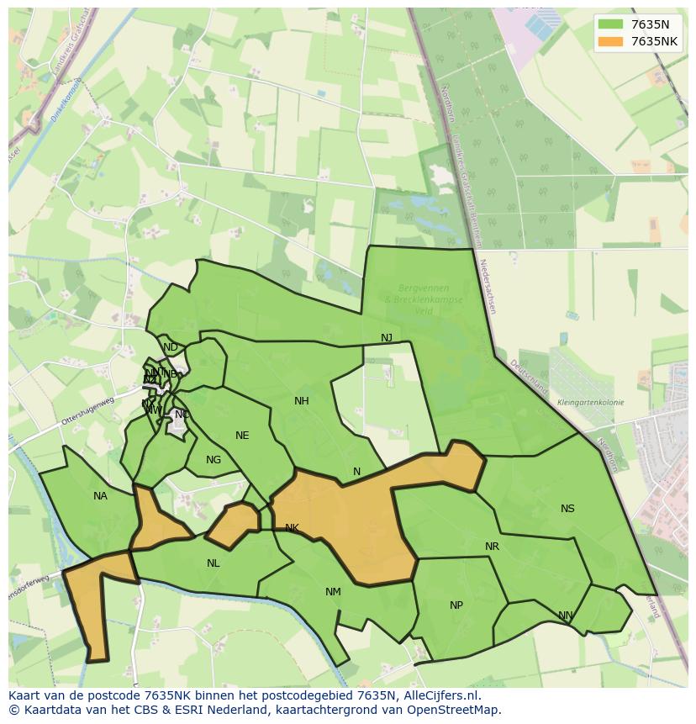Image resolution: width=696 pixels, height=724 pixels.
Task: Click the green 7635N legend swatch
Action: click(610, 24)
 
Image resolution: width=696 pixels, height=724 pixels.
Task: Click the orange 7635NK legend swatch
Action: click(610, 41)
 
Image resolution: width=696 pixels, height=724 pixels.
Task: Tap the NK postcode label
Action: click(292, 528)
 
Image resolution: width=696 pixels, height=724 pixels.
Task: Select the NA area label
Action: click(100, 496)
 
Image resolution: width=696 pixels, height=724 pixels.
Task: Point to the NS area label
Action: click(567, 509)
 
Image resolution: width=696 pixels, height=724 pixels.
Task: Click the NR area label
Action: click(492, 547)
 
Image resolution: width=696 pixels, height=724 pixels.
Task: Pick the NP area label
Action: click(456, 605)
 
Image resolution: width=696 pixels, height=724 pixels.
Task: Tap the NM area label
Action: click(333, 592)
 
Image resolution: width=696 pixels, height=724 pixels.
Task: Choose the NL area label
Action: click(213, 563)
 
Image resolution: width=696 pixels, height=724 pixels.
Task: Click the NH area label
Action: click(301, 401)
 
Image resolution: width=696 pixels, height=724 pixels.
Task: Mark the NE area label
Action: click(242, 436)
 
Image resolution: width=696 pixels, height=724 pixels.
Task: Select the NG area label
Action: click(214, 460)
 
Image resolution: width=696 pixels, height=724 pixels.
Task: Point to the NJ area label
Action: click(386, 338)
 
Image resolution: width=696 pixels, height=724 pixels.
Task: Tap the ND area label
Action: click(171, 347)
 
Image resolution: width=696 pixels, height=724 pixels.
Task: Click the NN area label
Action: click(566, 616)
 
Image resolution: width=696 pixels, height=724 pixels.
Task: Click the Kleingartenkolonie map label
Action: click(590, 403)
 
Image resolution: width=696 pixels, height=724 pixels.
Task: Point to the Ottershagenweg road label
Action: click(87, 410)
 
